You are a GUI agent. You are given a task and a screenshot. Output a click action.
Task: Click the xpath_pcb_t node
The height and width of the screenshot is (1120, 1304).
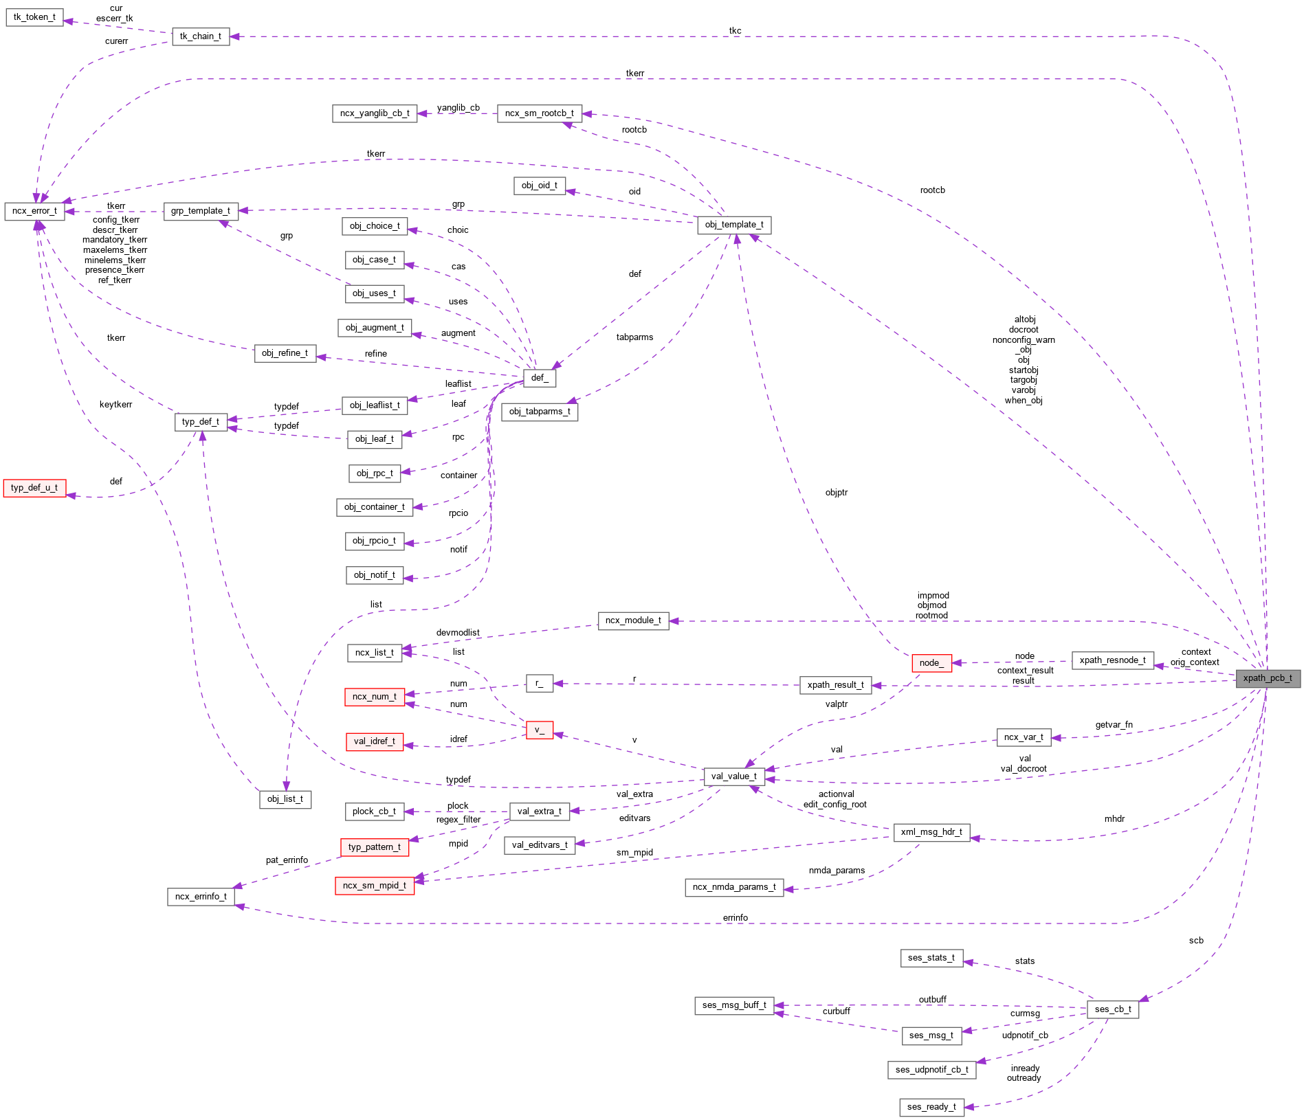point(1268,678)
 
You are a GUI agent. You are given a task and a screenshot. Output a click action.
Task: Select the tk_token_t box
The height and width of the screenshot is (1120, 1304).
point(34,17)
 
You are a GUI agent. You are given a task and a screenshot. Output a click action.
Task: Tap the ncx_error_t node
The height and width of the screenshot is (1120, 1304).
point(34,211)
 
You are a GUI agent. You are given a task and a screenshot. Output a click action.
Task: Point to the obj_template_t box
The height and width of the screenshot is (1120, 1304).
point(734,225)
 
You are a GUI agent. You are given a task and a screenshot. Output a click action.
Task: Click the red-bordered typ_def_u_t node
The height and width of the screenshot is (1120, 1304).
point(34,488)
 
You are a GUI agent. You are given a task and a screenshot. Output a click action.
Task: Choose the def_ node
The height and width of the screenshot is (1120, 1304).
point(540,378)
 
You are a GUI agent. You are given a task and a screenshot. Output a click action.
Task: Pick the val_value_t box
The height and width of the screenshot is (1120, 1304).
point(734,776)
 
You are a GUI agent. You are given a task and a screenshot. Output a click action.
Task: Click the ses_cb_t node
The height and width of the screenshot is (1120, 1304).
point(1113,1009)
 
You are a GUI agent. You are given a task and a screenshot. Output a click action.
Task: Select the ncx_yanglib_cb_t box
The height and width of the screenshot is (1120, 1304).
point(375,113)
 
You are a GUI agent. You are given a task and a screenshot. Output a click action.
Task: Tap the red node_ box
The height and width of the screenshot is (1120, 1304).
point(931,663)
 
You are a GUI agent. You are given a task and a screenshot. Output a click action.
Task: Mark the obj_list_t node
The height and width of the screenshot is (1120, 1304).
point(285,799)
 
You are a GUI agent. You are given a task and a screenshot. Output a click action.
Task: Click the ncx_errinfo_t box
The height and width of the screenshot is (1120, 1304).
point(201,897)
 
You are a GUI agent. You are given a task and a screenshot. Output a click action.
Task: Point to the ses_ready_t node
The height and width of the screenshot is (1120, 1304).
point(931,1107)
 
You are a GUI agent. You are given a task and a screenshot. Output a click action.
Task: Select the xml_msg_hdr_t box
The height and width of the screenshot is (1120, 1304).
point(931,832)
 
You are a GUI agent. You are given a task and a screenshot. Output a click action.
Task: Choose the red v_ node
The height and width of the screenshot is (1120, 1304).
point(540,730)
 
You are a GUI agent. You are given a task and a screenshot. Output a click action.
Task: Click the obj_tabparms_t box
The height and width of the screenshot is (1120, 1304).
point(540,412)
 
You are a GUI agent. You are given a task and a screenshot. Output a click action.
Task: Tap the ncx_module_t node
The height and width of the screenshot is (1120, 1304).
point(633,620)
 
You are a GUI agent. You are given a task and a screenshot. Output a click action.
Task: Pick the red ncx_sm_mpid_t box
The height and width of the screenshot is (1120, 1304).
point(375,886)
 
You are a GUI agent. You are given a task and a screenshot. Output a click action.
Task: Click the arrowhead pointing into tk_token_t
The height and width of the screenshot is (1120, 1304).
point(68,21)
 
